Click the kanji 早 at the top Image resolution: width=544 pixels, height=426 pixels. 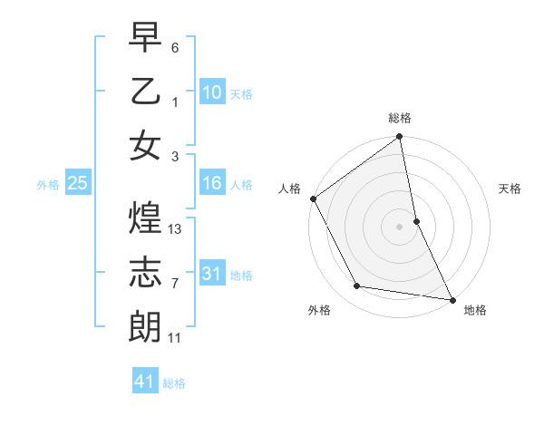tap(145, 39)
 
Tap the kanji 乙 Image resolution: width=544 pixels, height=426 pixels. tap(145, 92)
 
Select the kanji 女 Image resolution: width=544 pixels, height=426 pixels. tap(145, 145)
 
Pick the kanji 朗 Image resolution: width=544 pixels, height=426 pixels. tap(145, 325)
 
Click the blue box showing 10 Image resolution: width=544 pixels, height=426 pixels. tap(211, 92)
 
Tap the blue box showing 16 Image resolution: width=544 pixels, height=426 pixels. tap(211, 184)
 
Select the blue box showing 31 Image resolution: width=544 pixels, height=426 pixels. tap(211, 272)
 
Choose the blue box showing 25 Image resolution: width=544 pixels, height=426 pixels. tap(77, 184)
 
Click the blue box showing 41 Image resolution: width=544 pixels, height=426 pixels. tap(145, 382)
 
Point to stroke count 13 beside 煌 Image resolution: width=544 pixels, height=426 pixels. tap(176, 229)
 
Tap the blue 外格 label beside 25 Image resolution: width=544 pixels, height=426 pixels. tap(48, 185)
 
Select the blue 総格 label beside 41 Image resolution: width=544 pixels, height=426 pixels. tap(174, 383)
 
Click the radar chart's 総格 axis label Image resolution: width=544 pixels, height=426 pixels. tap(400, 118)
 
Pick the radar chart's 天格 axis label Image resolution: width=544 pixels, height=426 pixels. tap(510, 189)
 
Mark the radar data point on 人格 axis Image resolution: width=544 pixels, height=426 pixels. tap(313, 198)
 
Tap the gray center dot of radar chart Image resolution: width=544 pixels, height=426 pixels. tap(400, 227)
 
